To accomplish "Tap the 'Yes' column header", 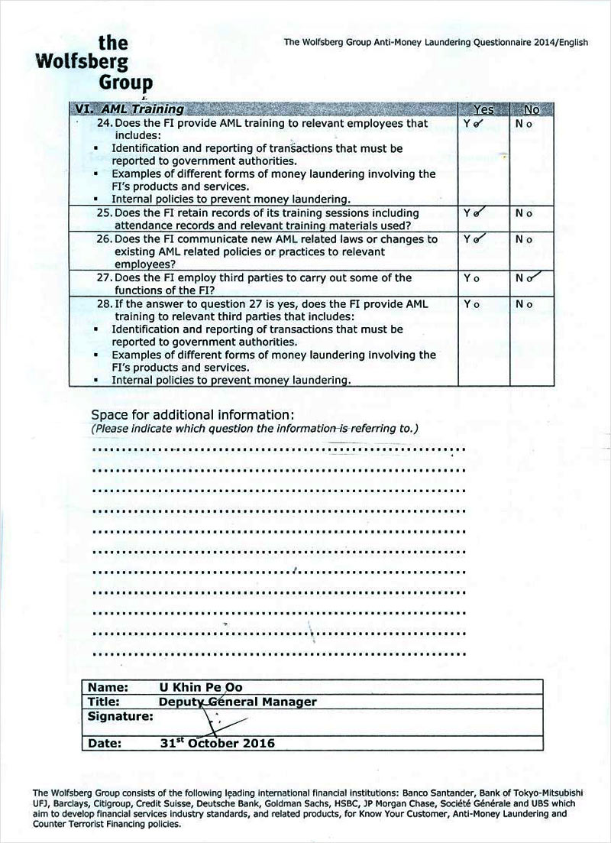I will click(483, 109).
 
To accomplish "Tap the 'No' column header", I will click(530, 109).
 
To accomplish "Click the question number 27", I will click(105, 278).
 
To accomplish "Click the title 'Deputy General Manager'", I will click(238, 702).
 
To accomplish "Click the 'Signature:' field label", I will click(121, 717).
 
